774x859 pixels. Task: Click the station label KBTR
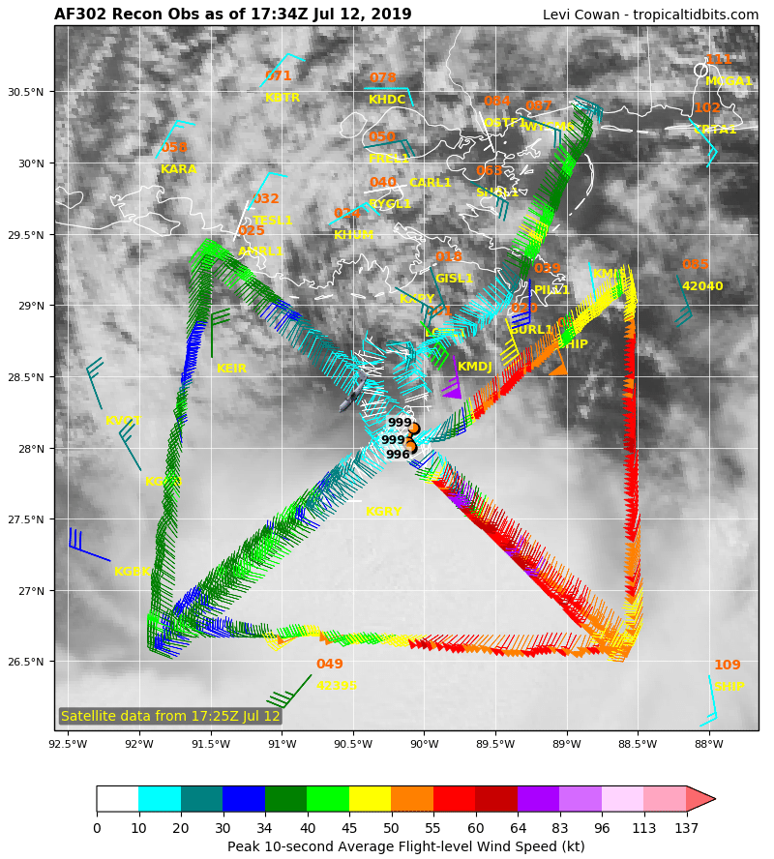[x=283, y=98]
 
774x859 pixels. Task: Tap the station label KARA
[x=178, y=169]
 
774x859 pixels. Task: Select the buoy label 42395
[x=336, y=686]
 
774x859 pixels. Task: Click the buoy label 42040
[x=701, y=286]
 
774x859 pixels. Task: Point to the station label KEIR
[x=231, y=369]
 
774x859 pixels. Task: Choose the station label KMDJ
[x=475, y=367]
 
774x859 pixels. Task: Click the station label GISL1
[x=454, y=279]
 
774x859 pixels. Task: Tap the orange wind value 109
[x=727, y=666]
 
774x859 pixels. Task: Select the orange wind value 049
[x=329, y=665]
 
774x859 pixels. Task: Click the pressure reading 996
[x=398, y=455]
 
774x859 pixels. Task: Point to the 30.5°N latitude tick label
[x=26, y=93]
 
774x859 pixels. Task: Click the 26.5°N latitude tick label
[x=26, y=663]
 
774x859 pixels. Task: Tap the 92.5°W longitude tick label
[x=68, y=744]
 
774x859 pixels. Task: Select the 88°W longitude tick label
[x=708, y=744]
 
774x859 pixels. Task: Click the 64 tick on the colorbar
[x=518, y=828]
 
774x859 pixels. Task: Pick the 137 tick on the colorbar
[x=686, y=828]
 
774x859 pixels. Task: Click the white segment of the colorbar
[x=117, y=798]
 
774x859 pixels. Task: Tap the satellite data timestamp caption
[x=170, y=717]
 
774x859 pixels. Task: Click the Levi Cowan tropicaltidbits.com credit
[x=650, y=15]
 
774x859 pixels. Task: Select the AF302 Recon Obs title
[x=232, y=15]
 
